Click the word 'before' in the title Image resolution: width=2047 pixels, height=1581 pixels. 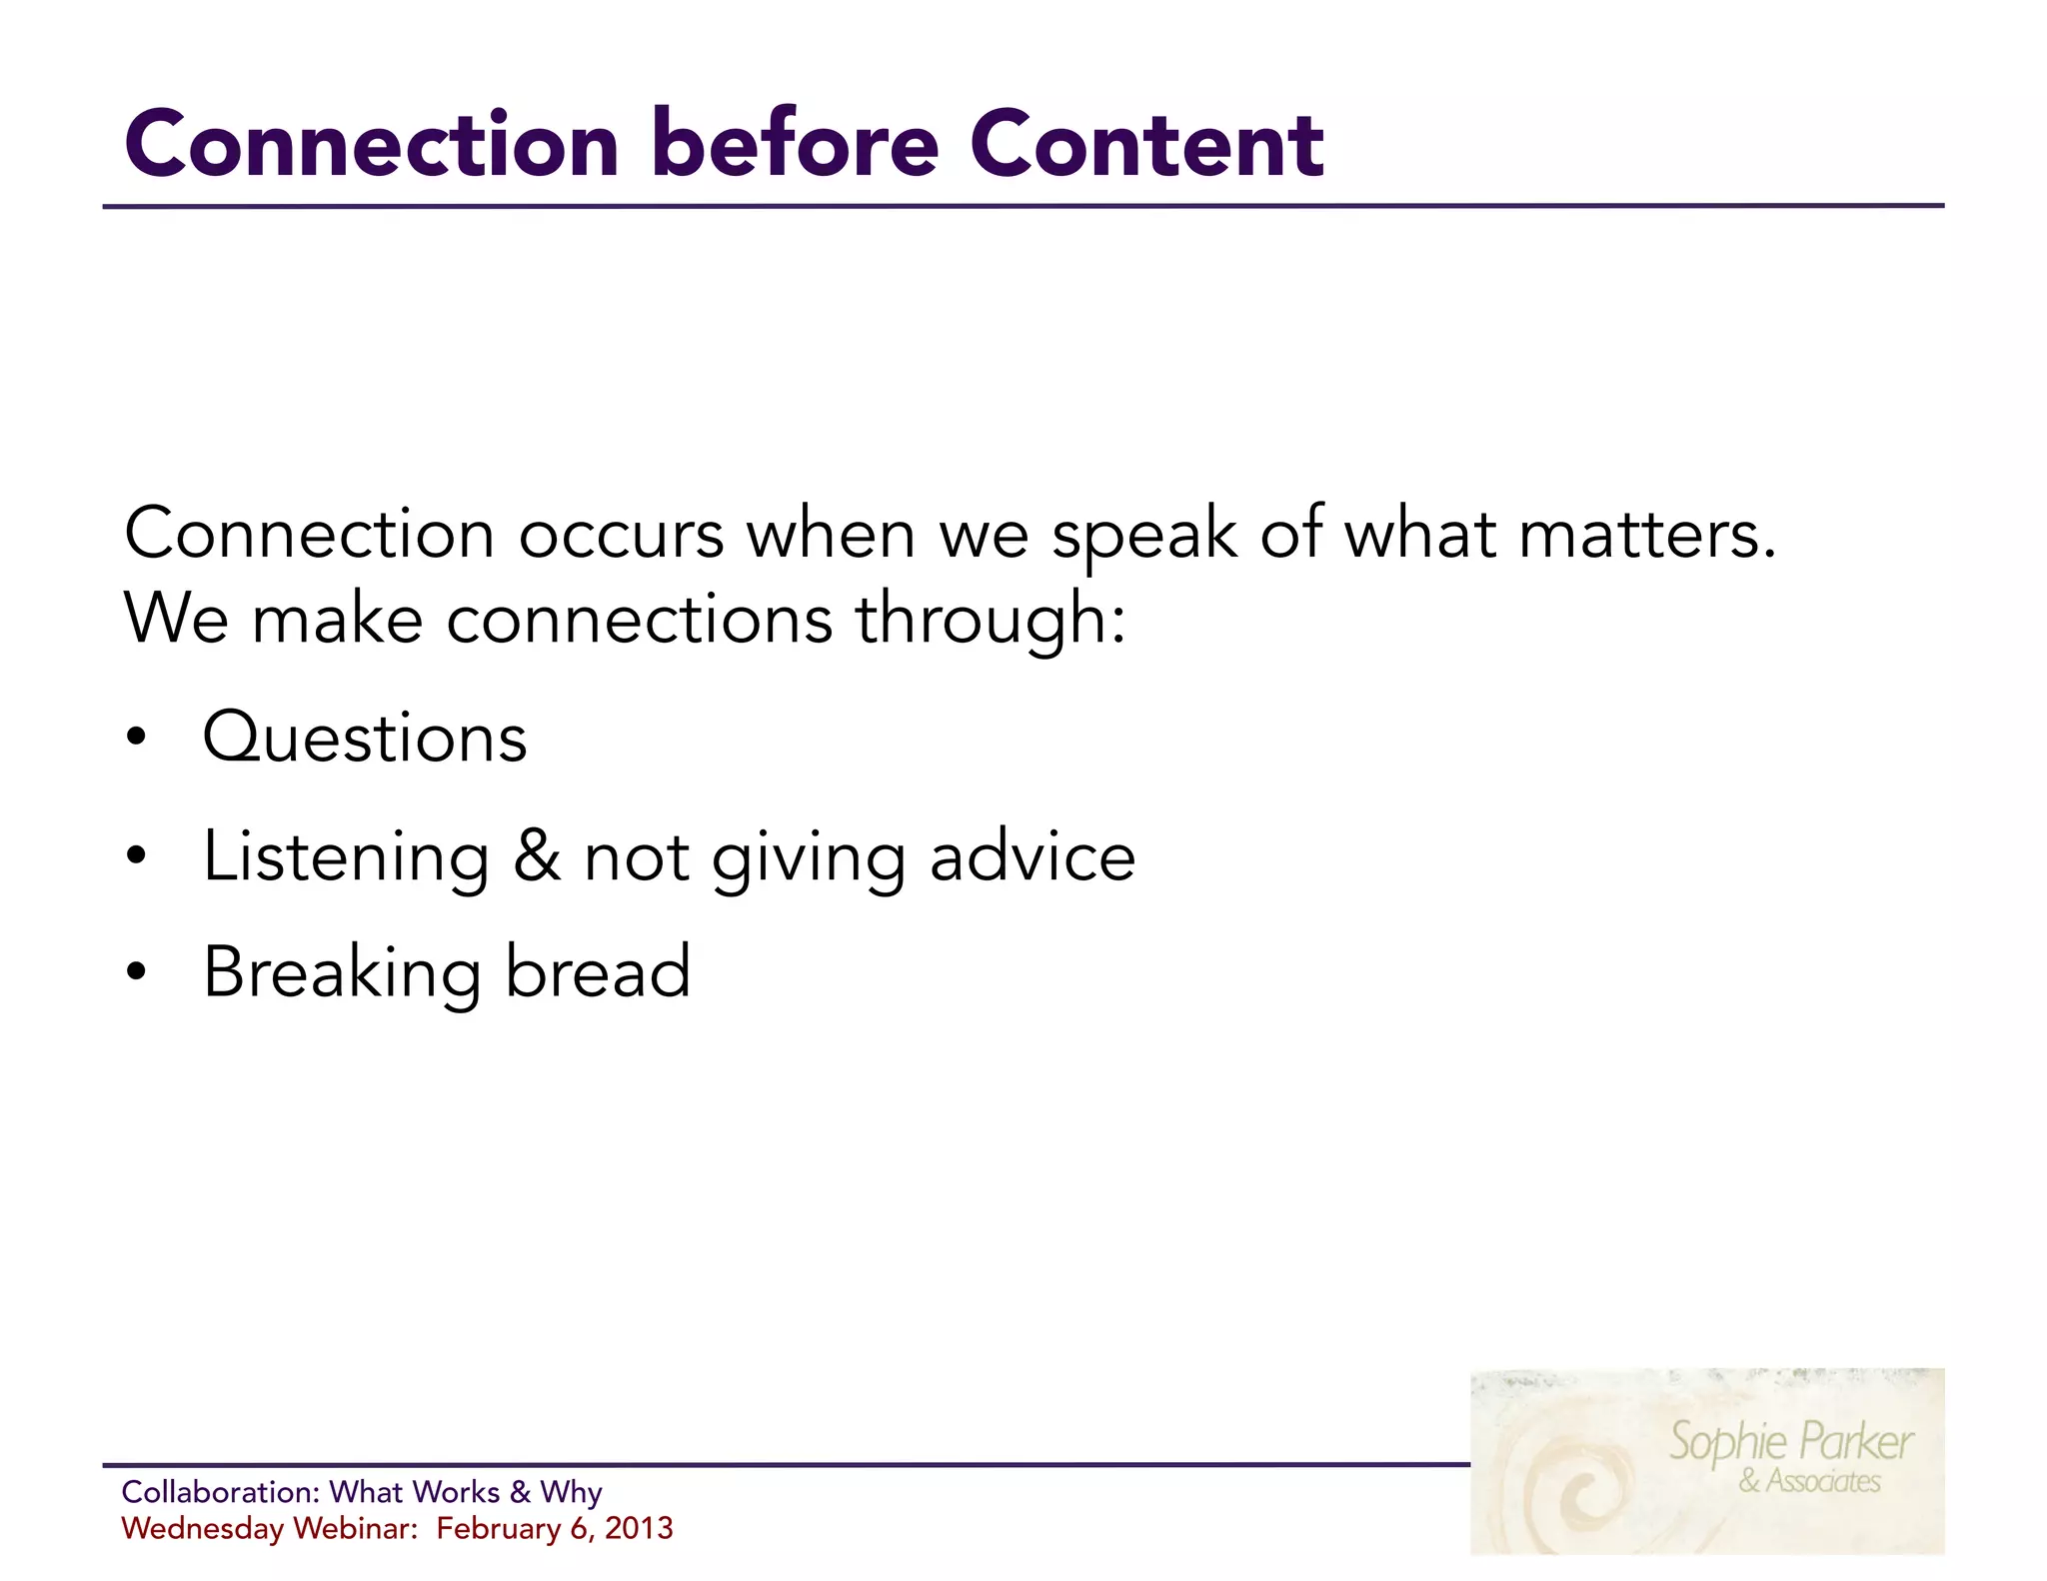795,145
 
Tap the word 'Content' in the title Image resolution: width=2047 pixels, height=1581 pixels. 1146,145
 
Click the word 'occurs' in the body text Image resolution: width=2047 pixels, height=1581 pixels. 620,535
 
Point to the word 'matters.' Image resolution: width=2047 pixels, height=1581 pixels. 1647,535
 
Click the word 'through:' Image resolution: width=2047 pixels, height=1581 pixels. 990,620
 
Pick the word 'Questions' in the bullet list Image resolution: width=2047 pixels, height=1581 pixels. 365,738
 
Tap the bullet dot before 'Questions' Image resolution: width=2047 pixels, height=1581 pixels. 137,739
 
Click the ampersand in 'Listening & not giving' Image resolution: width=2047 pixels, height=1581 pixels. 537,856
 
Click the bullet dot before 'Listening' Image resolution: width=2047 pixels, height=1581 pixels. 137,856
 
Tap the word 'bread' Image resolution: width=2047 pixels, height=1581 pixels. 598,972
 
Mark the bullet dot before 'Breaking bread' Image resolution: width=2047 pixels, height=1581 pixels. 137,972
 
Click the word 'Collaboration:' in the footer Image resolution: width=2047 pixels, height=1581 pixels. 220,1492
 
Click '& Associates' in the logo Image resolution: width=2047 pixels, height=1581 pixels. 1809,1481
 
